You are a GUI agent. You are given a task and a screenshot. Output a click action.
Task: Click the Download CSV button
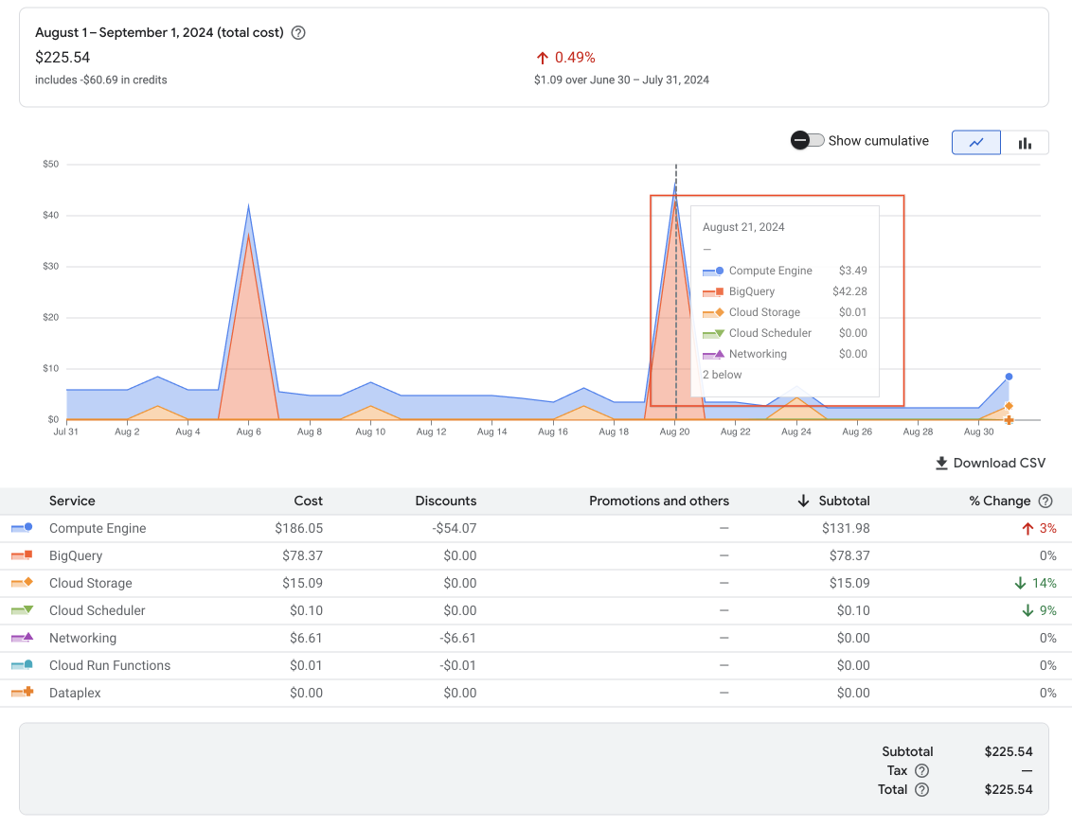(x=991, y=463)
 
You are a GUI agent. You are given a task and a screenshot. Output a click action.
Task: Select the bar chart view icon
(x=1025, y=143)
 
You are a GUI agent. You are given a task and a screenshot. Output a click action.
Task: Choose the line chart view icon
(x=976, y=143)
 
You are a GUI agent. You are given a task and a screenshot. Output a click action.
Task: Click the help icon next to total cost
(x=298, y=33)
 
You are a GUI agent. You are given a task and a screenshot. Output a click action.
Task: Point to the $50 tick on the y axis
(x=51, y=165)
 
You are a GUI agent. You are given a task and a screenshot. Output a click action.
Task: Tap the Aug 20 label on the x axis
(x=674, y=432)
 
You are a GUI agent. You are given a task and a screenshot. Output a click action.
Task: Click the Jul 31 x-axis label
(x=66, y=432)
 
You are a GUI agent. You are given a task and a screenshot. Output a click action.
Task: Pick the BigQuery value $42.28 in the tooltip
(x=849, y=291)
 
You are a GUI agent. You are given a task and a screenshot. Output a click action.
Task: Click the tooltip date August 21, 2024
(x=743, y=227)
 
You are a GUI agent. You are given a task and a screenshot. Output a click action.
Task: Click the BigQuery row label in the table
(x=76, y=556)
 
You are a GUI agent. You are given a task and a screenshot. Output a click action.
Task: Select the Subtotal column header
(x=844, y=501)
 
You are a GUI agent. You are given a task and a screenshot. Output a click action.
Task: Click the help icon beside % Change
(x=1045, y=501)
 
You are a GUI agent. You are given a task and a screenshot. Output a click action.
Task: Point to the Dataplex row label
(x=75, y=694)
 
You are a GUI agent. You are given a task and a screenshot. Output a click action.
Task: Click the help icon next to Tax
(x=921, y=771)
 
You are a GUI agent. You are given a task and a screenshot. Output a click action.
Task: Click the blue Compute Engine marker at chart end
(x=1009, y=377)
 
